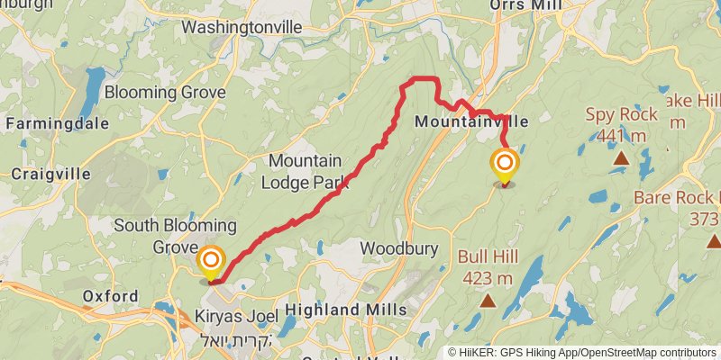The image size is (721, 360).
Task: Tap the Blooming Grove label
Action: (163, 92)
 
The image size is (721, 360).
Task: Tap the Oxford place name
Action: (110, 296)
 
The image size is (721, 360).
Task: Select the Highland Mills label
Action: (341, 310)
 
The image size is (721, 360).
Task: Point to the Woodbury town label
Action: (398, 247)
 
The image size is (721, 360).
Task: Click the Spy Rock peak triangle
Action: (620, 158)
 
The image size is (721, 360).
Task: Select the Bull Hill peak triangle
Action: (488, 301)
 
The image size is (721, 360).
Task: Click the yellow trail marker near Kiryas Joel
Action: (211, 262)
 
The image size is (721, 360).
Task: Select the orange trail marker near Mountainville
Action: (504, 164)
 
